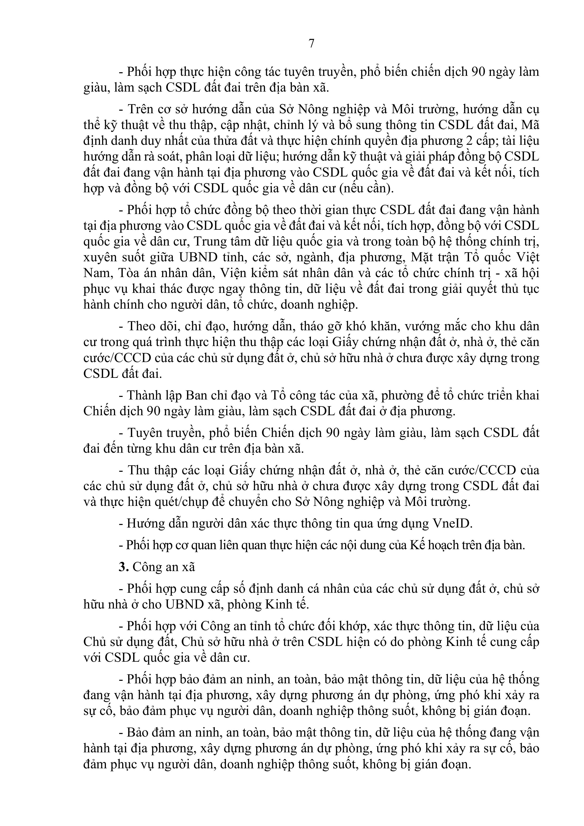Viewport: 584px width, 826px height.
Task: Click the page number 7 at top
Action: pyautogui.click(x=312, y=44)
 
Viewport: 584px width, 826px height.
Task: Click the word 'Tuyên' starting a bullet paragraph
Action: pyautogui.click(x=145, y=433)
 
